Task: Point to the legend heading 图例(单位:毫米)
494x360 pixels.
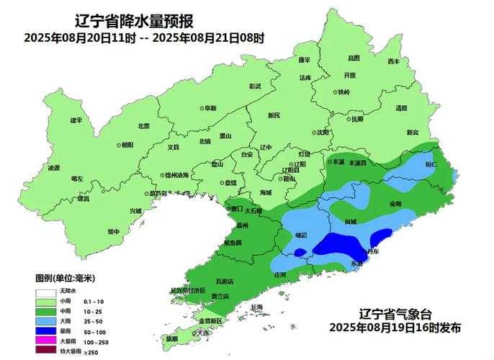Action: pos(66,277)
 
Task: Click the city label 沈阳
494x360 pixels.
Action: pos(322,133)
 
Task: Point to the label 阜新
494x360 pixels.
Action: pos(210,108)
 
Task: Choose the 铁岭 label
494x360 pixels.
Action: pos(343,93)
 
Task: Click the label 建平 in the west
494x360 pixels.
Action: pos(76,120)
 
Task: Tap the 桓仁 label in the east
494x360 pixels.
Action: pos(431,165)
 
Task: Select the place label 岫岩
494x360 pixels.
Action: pos(302,235)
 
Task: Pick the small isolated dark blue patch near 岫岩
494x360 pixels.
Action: pos(299,252)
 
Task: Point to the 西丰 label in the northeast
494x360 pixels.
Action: pos(394,62)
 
